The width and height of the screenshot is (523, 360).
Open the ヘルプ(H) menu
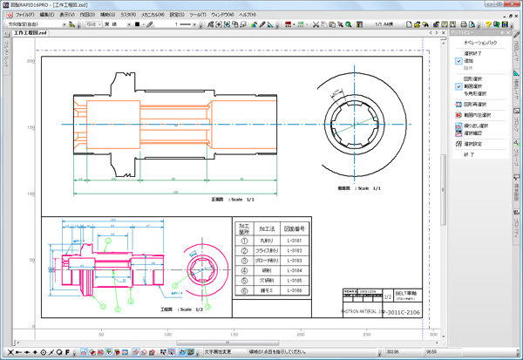[246, 15]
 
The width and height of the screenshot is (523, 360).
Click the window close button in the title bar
[513, 4]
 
